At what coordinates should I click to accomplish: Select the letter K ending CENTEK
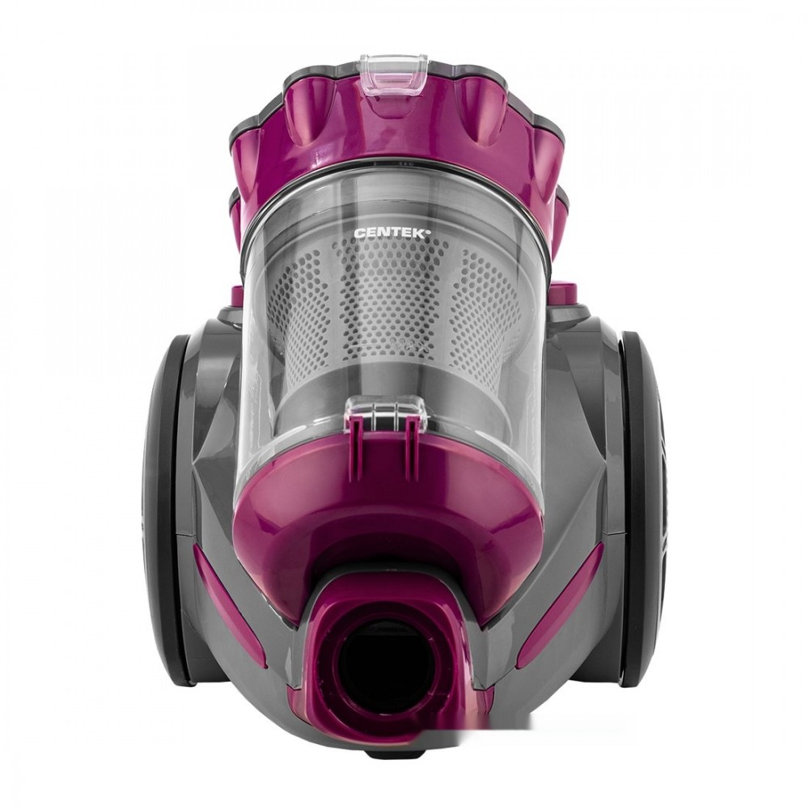point(421,233)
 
